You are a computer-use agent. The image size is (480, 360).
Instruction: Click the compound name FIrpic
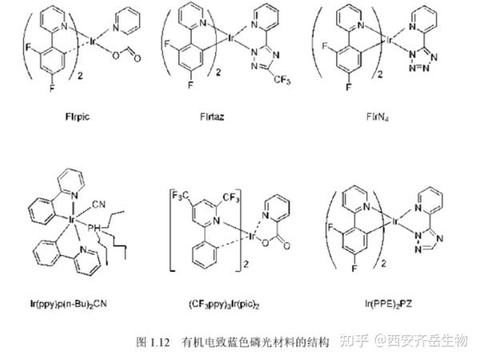click(x=76, y=116)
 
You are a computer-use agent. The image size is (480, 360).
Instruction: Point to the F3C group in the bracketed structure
click(x=181, y=191)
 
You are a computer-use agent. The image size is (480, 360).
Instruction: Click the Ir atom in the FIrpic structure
click(x=94, y=38)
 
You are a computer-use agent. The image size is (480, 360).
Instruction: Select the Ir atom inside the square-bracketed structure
click(x=250, y=238)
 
